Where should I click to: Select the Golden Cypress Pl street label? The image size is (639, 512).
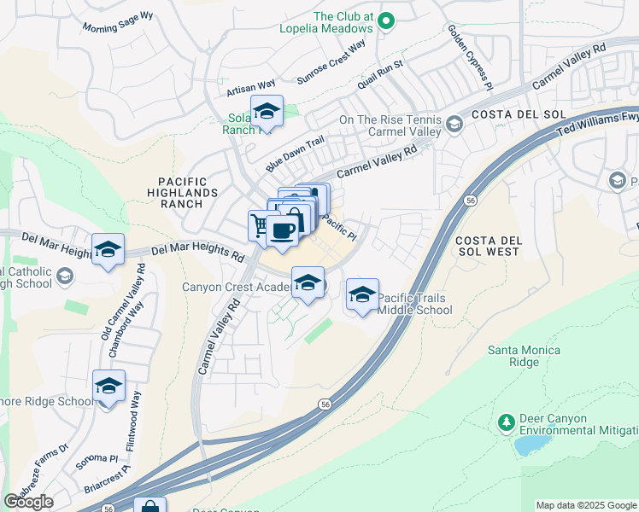[470, 57]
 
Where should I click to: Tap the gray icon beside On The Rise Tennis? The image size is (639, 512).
[454, 125]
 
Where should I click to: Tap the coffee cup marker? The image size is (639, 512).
[282, 230]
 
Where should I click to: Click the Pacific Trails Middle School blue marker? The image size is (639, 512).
[362, 295]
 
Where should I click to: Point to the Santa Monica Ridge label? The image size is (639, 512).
[524, 356]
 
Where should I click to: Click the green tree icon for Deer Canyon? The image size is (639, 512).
[506, 422]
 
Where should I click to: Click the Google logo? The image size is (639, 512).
[28, 501]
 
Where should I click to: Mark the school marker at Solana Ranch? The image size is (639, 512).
[267, 111]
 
